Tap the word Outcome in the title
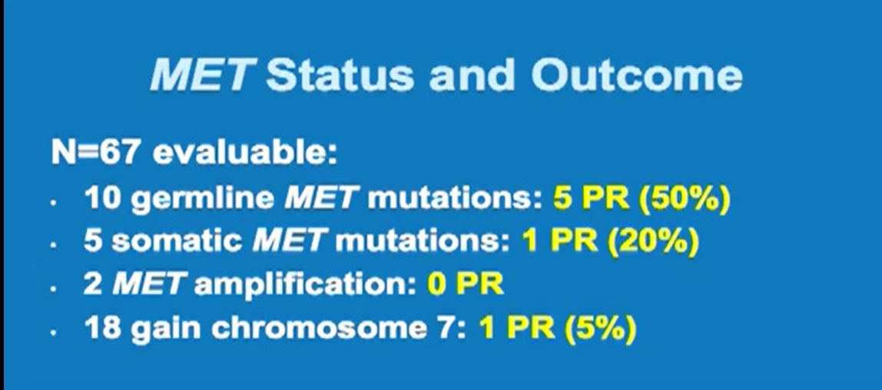[637, 74]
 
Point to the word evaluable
[244, 152]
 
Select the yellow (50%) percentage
[685, 199]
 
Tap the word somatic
[177, 242]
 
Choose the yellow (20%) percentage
[653, 242]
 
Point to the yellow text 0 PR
[465, 285]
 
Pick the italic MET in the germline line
[321, 198]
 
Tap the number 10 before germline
[102, 198]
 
